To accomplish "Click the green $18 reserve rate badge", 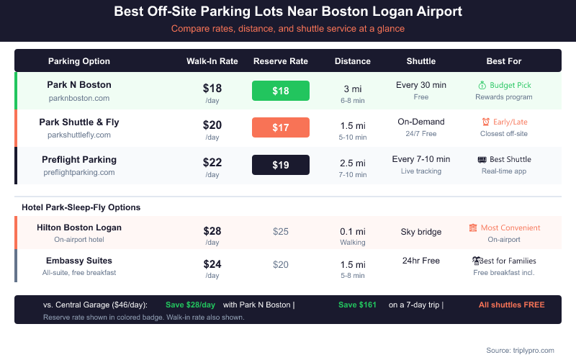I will [x=281, y=91].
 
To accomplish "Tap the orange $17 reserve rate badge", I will [x=281, y=127].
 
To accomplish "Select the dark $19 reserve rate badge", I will [x=281, y=165].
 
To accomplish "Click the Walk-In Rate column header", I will [x=212, y=61].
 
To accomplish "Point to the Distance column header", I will [x=353, y=61].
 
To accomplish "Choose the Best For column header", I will [x=504, y=61].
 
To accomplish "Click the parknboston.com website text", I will [x=79, y=98].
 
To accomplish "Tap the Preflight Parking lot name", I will [x=79, y=159].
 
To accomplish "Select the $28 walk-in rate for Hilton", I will [x=212, y=231].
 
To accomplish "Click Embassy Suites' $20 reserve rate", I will [x=281, y=264].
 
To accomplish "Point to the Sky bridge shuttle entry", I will [x=421, y=232].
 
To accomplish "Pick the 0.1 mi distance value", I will [x=353, y=231].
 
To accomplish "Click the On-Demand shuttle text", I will [x=421, y=122].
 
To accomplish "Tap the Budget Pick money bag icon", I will [x=482, y=85].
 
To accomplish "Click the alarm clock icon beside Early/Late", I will [x=486, y=122].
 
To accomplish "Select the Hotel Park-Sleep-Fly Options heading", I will [x=81, y=207].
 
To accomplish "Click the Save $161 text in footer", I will [x=357, y=305].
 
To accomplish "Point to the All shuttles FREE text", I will [x=511, y=305].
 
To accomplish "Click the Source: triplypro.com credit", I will [x=520, y=350].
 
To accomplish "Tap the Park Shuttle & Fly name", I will [x=79, y=122].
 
